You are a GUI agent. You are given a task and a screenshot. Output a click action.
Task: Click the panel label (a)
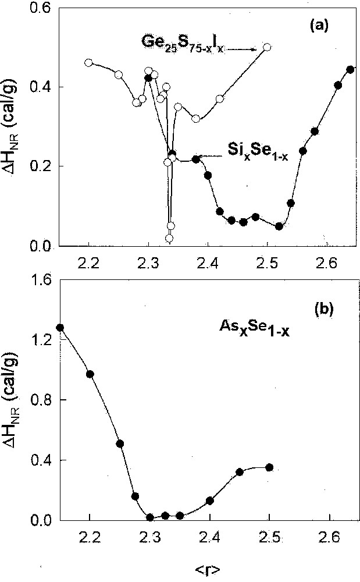321,26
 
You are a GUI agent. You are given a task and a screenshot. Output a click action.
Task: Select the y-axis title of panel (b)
13,399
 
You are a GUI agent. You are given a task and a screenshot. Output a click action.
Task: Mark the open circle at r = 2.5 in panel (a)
267,47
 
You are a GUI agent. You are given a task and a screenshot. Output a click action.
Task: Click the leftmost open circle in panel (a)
88,62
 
